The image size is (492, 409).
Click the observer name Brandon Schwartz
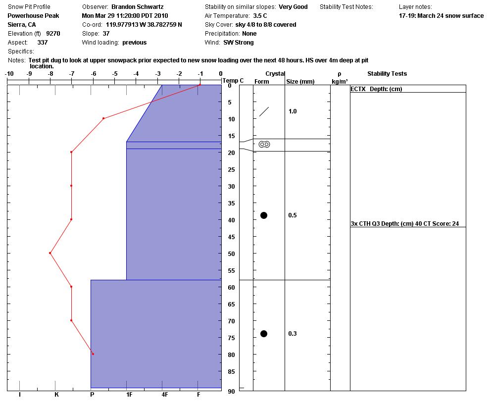[137, 7]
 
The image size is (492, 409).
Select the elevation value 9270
[53, 34]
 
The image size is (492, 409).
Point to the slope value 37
[106, 34]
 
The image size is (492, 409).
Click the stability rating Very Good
[293, 7]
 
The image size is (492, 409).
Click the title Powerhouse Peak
[33, 16]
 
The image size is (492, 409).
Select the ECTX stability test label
[359, 89]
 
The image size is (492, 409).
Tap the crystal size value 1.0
[293, 111]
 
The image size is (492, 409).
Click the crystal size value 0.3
[293, 334]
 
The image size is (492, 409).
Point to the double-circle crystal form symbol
[264, 145]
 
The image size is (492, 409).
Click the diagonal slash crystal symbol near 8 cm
[264, 112]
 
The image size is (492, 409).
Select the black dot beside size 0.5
[264, 215]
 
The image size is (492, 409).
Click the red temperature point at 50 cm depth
[50, 253]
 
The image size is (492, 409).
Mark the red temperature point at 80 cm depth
[93, 354]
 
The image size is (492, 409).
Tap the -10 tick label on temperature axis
[9, 74]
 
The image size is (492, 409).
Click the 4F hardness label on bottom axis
[164, 395]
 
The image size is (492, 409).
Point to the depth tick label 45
[230, 237]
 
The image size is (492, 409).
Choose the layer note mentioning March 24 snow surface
[441, 16]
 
